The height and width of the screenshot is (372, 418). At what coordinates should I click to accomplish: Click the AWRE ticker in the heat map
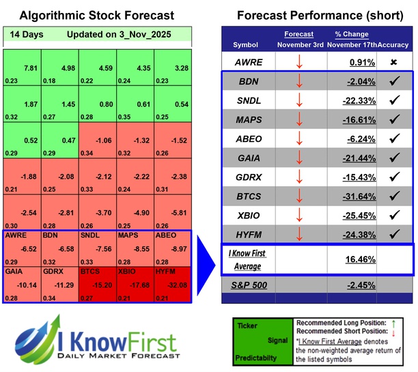16,235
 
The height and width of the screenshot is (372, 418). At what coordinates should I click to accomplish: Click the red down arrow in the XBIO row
298,217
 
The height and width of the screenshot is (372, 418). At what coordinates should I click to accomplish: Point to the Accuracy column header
394,44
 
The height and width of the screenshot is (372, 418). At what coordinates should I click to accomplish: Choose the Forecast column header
298,33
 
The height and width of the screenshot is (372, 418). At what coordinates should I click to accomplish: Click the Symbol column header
247,44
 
